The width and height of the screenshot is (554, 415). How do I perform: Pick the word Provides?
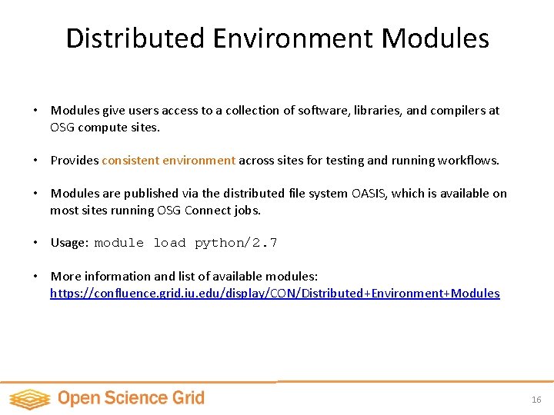tap(75, 161)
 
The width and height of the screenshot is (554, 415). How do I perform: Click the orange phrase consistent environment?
tap(169, 161)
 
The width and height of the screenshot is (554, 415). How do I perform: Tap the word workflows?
tap(467, 161)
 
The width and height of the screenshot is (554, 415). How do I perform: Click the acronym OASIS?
tap(369, 194)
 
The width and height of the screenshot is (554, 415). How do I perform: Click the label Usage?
tap(69, 243)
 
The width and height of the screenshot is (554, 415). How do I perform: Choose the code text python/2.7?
tap(235, 243)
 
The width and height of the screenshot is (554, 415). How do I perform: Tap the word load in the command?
tap(169, 243)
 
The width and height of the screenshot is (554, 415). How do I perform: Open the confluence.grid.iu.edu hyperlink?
tap(275, 294)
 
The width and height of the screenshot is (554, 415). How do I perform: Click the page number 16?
tap(536, 400)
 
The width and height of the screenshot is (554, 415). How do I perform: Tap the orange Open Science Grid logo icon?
tap(29, 399)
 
